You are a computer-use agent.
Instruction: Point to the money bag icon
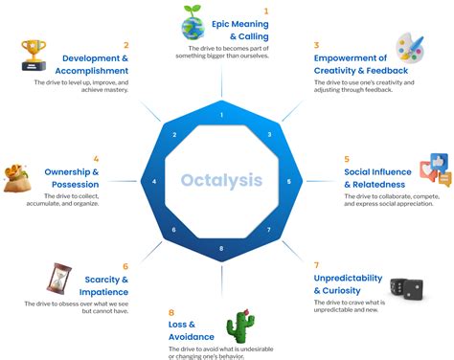point(20,179)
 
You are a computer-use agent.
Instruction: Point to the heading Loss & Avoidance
point(186,331)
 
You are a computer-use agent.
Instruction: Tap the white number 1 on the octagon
point(221,116)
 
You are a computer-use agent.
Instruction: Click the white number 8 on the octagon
point(221,249)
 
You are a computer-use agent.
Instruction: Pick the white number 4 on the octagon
point(153,181)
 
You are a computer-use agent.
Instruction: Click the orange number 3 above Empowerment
point(317,44)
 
